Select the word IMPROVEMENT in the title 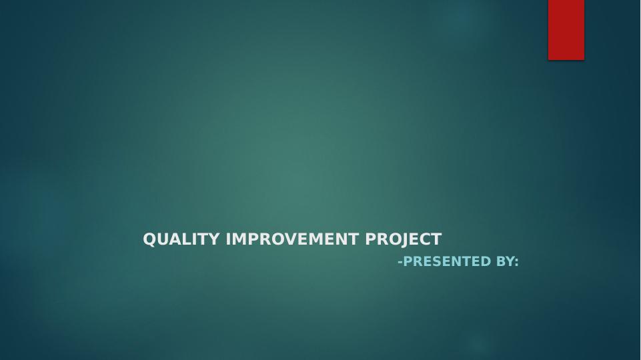pyautogui.click(x=292, y=239)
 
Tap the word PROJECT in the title pyautogui.click(x=404, y=239)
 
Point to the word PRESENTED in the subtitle pyautogui.click(x=447, y=261)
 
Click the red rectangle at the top pyautogui.click(x=566, y=30)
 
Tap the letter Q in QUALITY pyautogui.click(x=149, y=239)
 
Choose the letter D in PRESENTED pyautogui.click(x=485, y=261)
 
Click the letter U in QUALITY pyautogui.click(x=164, y=239)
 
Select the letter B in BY pyautogui.click(x=500, y=261)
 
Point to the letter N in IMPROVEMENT pyautogui.click(x=342, y=239)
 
